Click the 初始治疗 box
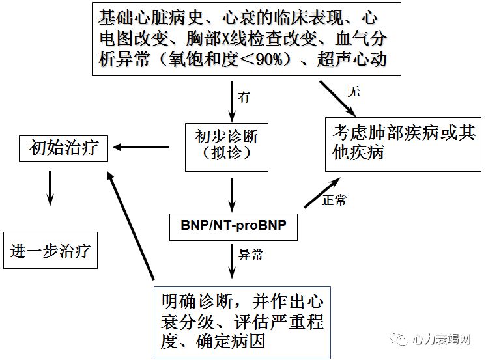coord(64,148)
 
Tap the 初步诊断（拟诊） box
coord(227,146)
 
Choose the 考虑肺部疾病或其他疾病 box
coord(404,141)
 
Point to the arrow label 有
coord(244,98)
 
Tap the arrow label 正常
coord(334,200)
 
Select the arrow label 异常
coord(250,255)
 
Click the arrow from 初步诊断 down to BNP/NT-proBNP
coord(232,191)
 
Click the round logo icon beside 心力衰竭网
coord(398,339)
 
